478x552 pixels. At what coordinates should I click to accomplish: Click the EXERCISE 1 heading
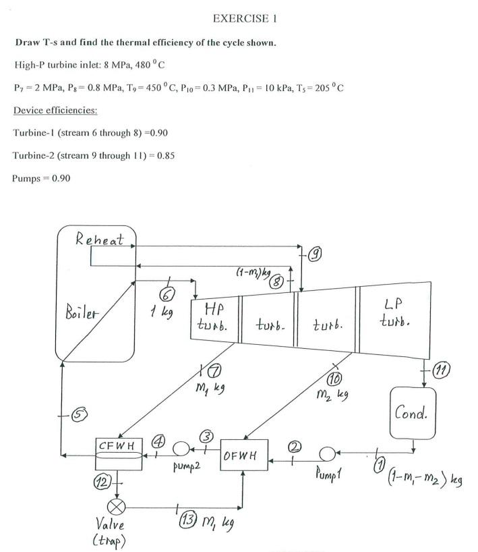244,18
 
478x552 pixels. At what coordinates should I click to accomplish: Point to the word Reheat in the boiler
99,239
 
